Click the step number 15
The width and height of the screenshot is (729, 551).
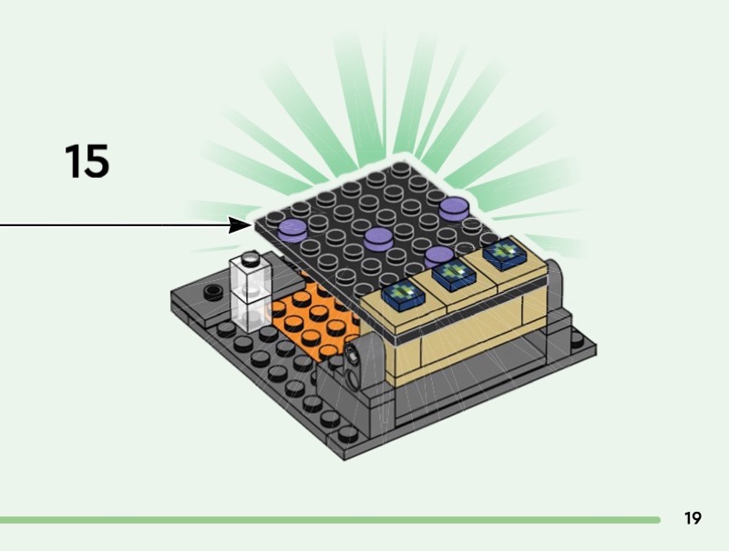[x=87, y=161]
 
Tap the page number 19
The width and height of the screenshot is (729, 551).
[x=693, y=518]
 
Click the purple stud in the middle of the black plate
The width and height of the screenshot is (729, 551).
[x=378, y=239]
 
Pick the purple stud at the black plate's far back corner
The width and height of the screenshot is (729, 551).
[x=454, y=207]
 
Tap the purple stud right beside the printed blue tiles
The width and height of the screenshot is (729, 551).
[x=439, y=256]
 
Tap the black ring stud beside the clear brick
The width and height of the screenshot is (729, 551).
[x=214, y=293]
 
